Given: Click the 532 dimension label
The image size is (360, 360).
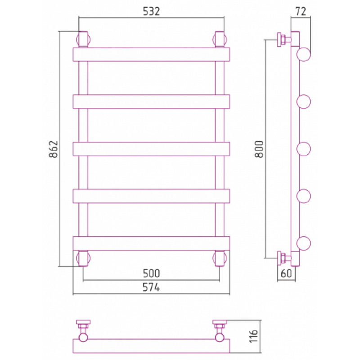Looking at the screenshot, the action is click(151, 12).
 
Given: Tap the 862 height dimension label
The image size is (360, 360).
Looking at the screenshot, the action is click(54, 149).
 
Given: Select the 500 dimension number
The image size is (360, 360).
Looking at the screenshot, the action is click(151, 274).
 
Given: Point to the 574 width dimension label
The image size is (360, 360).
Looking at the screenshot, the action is click(151, 287).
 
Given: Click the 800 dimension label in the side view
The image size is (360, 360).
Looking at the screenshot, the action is click(260, 149).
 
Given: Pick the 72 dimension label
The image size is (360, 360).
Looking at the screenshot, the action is click(301, 12).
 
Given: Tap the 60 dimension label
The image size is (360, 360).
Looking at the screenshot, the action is click(286, 274).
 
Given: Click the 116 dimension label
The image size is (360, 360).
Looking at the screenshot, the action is click(253, 336).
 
